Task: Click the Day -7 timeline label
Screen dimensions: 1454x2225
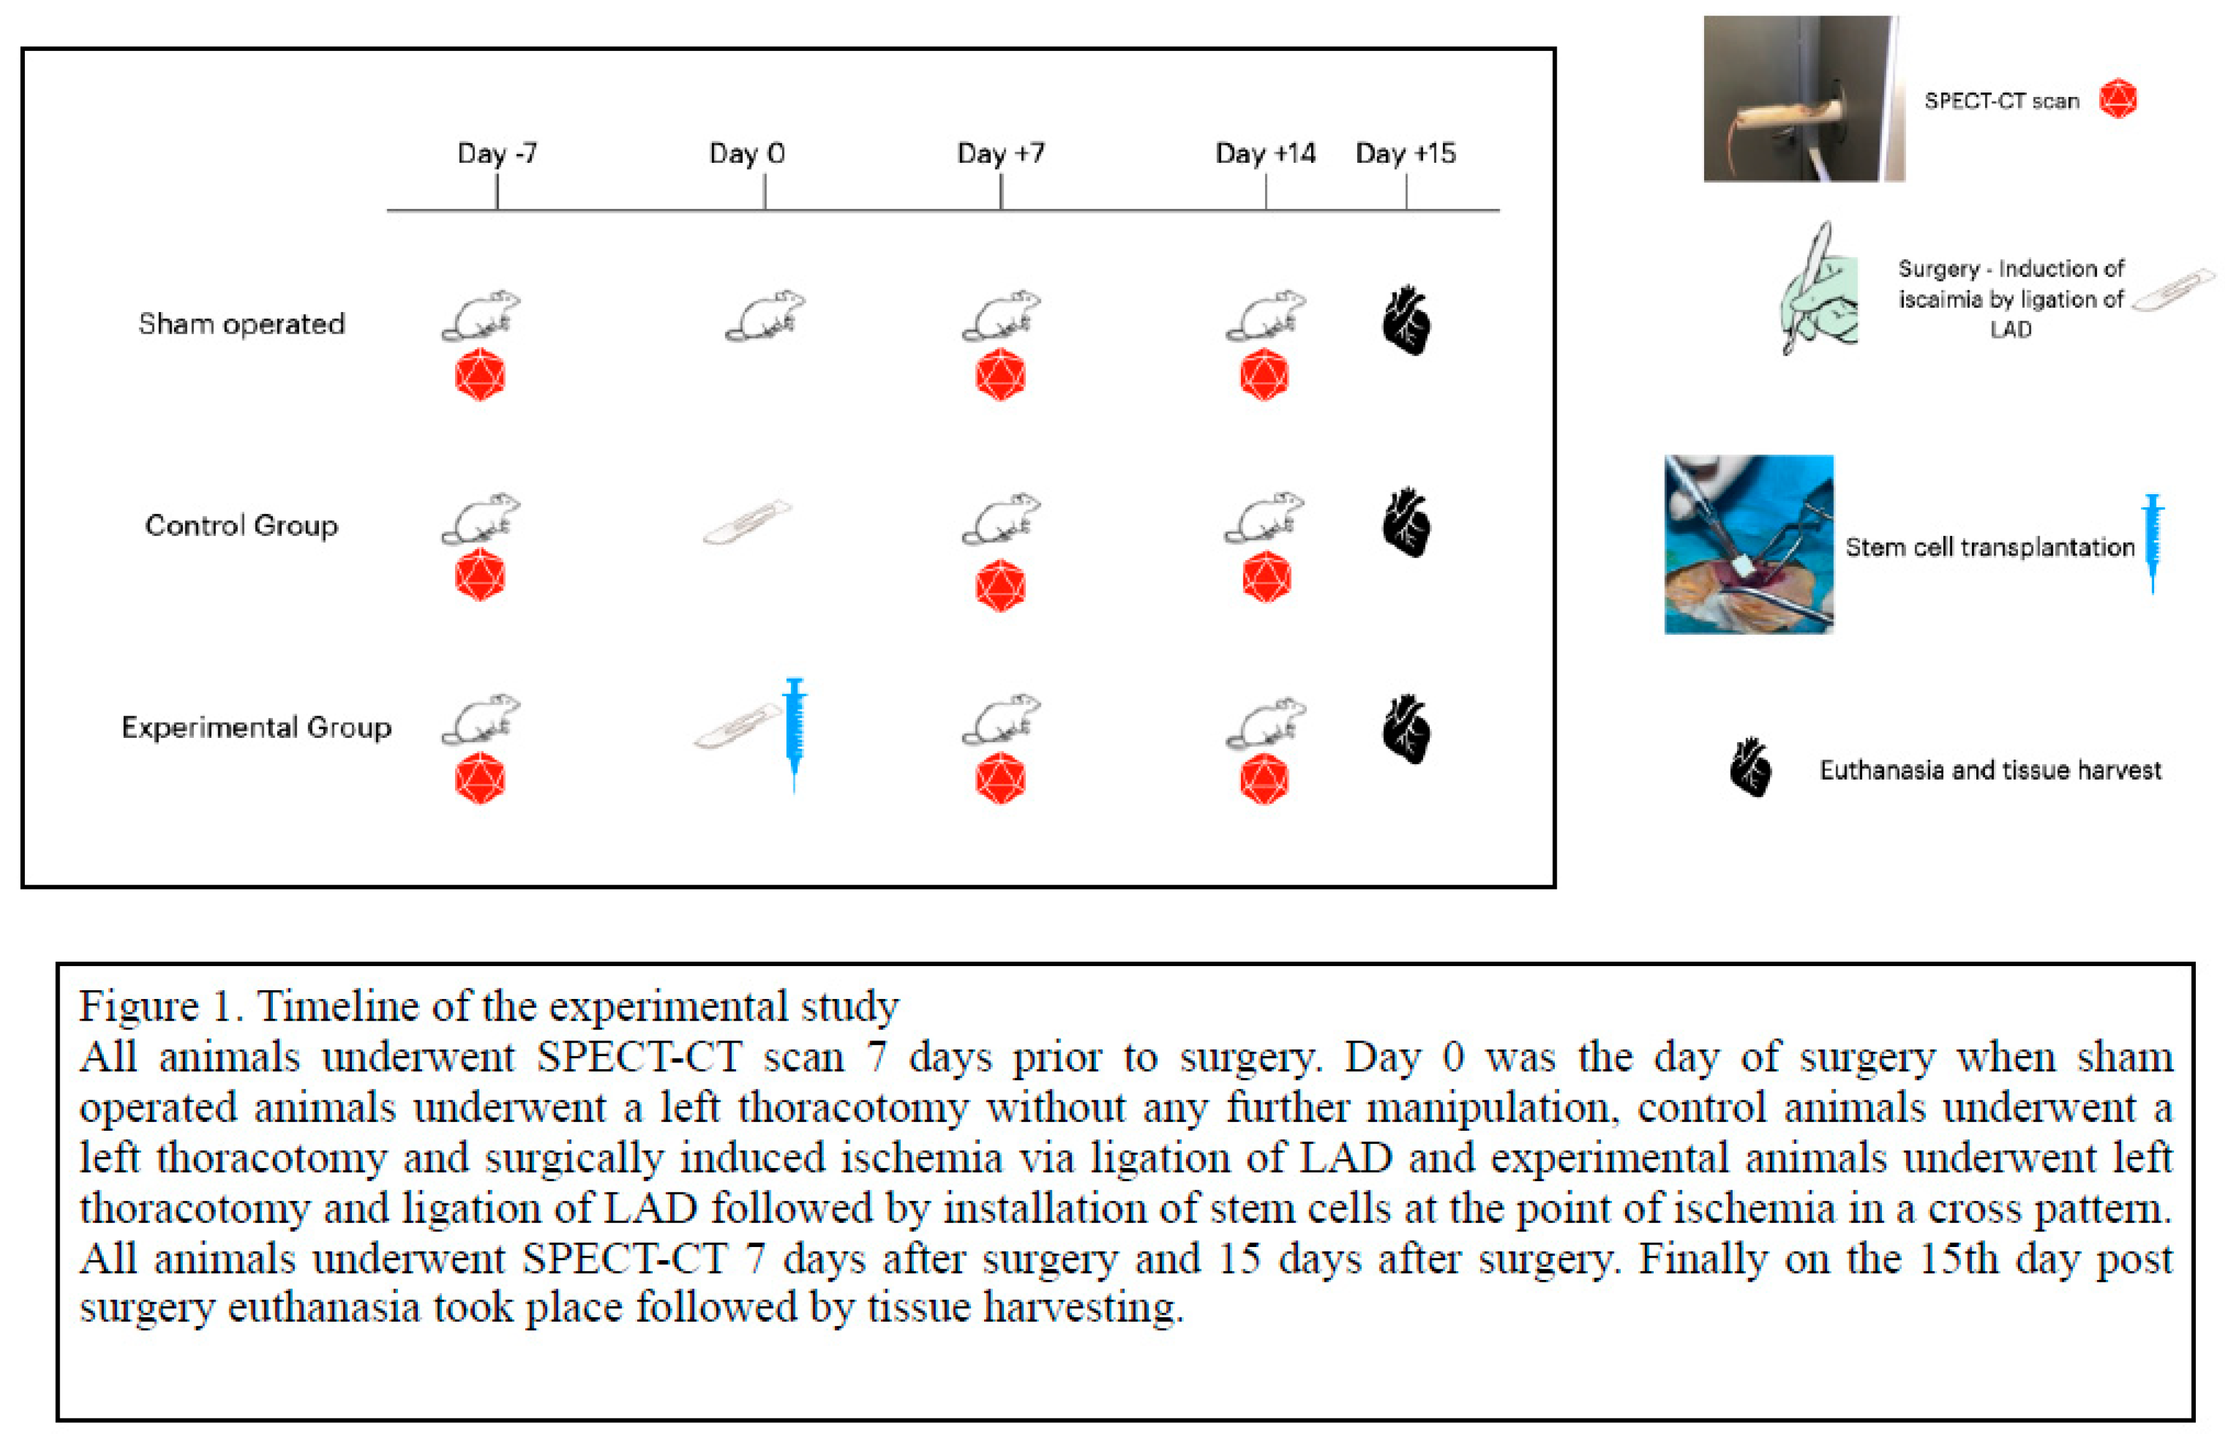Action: pyautogui.click(x=497, y=154)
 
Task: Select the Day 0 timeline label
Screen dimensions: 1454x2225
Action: pyautogui.click(x=747, y=154)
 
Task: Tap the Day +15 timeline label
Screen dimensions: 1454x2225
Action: pyautogui.click(x=1405, y=154)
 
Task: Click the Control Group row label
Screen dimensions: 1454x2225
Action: pyautogui.click(x=241, y=525)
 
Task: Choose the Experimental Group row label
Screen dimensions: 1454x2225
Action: pyautogui.click(x=256, y=727)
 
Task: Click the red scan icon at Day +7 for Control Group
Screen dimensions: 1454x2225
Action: pyautogui.click(x=1000, y=586)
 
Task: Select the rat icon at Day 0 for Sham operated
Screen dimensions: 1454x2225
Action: pyautogui.click(x=765, y=316)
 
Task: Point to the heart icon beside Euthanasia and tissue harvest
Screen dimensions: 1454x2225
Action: pyautogui.click(x=1750, y=768)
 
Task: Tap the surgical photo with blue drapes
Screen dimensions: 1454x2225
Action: pyautogui.click(x=1748, y=544)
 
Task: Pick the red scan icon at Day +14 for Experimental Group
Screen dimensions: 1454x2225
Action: pyautogui.click(x=1264, y=779)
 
